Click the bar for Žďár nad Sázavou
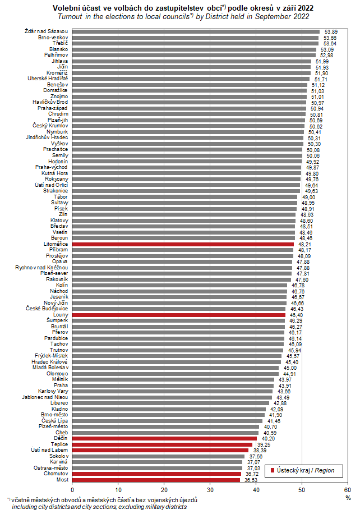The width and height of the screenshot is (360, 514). (196, 31)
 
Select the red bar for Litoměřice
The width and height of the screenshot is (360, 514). (183, 244)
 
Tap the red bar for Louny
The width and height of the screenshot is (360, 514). (179, 315)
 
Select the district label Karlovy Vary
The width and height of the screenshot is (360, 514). (54, 391)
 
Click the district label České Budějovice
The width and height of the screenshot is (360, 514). (47, 309)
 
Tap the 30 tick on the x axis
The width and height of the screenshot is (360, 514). (210, 490)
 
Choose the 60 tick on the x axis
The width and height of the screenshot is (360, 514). (348, 490)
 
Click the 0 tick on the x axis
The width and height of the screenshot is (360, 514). (72, 490)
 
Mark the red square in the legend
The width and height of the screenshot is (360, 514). (273, 470)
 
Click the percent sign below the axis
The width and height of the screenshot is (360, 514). (348, 498)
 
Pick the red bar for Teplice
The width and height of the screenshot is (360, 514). (163, 444)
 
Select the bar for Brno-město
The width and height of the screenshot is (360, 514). (168, 415)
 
